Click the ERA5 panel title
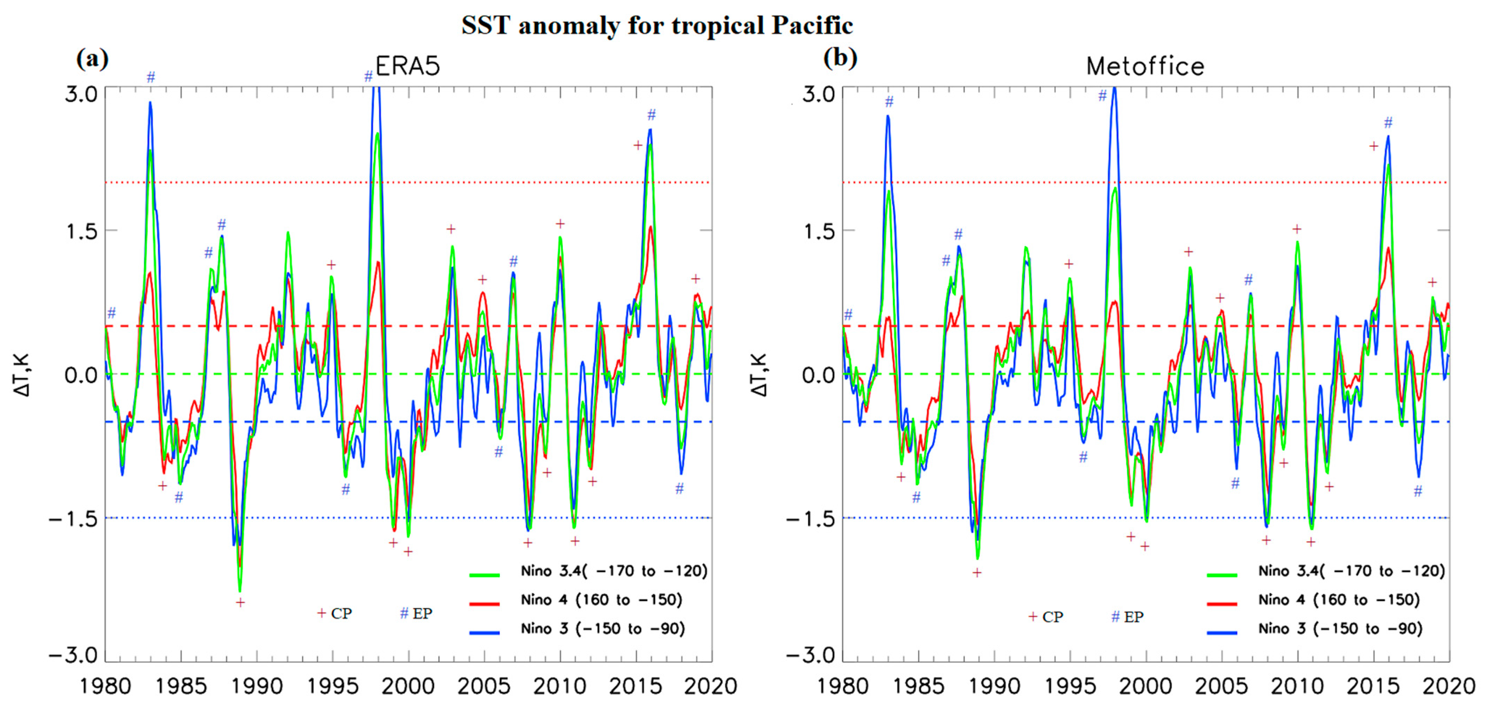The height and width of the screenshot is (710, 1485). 408,66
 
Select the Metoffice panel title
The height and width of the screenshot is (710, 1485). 1145,66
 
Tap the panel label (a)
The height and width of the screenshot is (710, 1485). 92,58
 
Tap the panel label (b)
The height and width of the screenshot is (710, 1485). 840,58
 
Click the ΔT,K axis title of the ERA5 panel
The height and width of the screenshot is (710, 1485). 22,375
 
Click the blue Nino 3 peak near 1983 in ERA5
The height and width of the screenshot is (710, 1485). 150,103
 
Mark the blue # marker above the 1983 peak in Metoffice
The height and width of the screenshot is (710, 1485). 889,102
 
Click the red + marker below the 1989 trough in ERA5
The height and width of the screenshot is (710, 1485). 241,603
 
